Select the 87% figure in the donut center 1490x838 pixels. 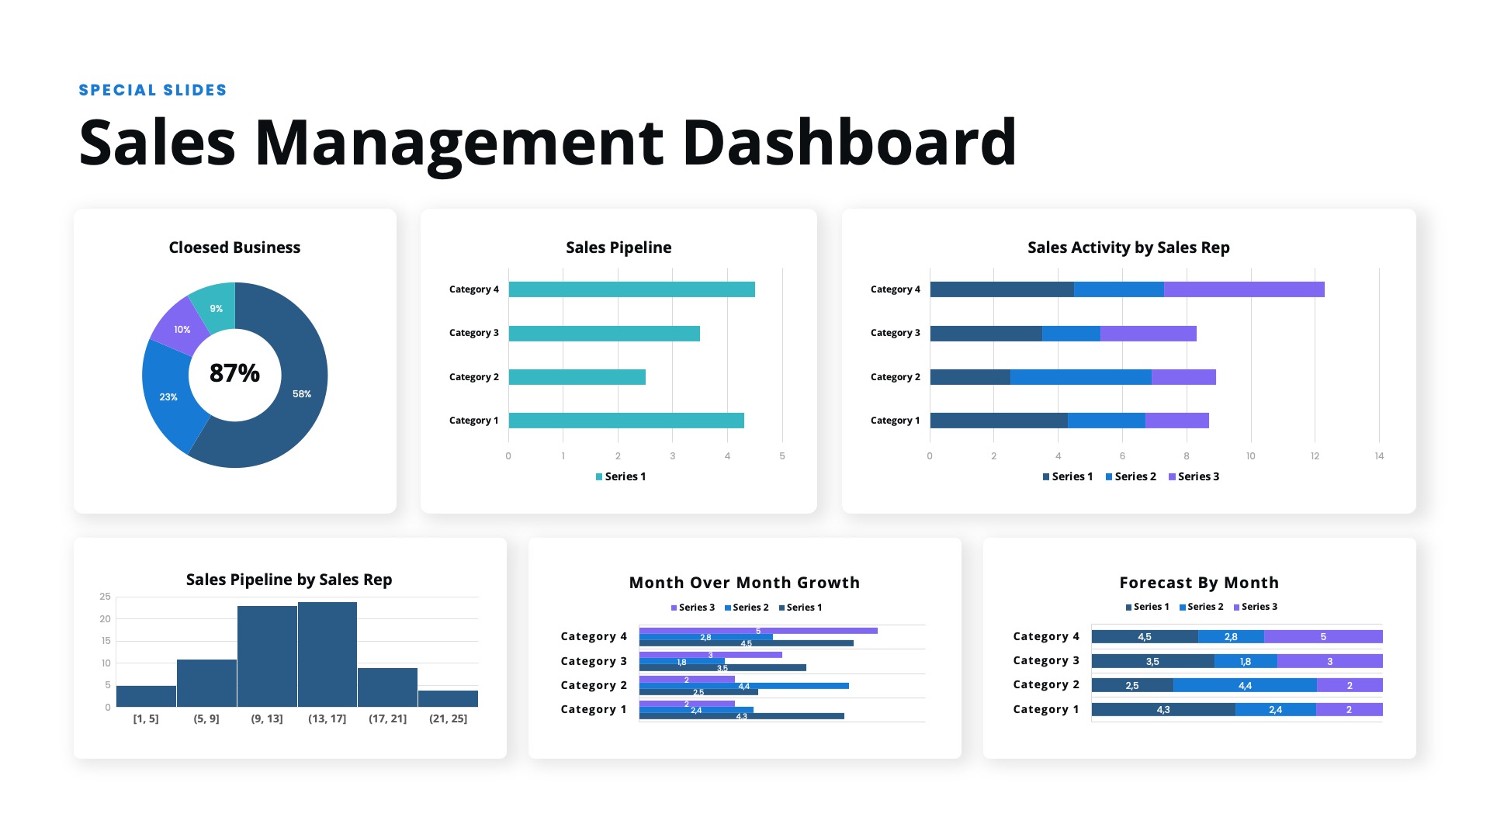tap(234, 373)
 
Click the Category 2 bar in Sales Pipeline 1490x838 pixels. tap(577, 377)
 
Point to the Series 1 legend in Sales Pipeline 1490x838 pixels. tap(621, 476)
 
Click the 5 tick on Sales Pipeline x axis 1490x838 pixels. tap(782, 456)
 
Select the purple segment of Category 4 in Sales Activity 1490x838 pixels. tap(1244, 289)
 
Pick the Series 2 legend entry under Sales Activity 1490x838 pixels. tap(1131, 476)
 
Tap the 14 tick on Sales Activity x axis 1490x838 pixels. tap(1379, 456)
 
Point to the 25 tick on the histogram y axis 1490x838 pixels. tap(106, 597)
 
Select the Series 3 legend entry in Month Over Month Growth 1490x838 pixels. tap(693, 608)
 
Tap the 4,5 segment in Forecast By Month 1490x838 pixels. tap(1145, 637)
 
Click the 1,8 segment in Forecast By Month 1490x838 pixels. tap(1246, 662)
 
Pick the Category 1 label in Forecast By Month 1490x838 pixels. tap(1045, 709)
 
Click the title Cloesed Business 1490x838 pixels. tap(234, 248)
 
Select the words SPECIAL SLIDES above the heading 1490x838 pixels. tap(153, 90)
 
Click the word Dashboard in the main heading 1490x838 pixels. tap(850, 143)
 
